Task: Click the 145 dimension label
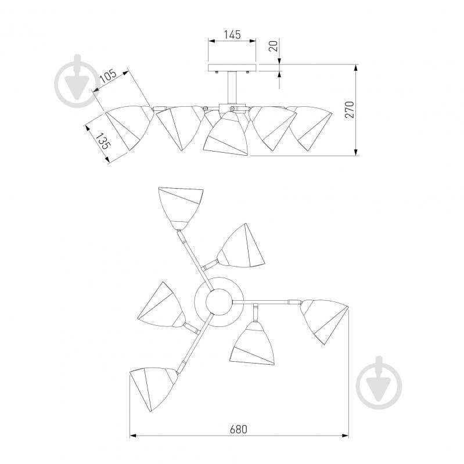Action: click(232, 35)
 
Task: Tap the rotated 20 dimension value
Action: click(274, 46)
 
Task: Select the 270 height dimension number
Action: click(350, 110)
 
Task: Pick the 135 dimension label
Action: click(103, 141)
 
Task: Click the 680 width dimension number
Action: click(238, 429)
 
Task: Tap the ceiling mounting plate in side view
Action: click(232, 68)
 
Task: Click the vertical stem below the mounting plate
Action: click(232, 88)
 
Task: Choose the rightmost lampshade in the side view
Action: click(311, 127)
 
